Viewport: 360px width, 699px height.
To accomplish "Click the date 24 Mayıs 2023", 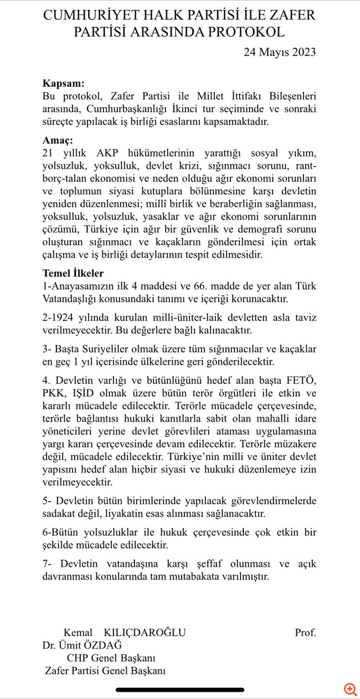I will click(x=280, y=52).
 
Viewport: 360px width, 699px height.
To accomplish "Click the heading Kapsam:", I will click(x=64, y=84).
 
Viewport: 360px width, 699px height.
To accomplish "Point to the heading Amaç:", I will click(x=58, y=141).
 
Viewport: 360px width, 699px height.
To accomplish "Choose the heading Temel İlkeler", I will click(x=73, y=273).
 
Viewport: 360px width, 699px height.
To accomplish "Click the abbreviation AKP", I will click(x=111, y=152).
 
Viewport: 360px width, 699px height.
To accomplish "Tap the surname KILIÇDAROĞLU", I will click(x=145, y=633).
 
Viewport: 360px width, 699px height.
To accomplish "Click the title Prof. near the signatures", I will click(x=305, y=633).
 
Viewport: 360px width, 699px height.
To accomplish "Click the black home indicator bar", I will click(x=180, y=690).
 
